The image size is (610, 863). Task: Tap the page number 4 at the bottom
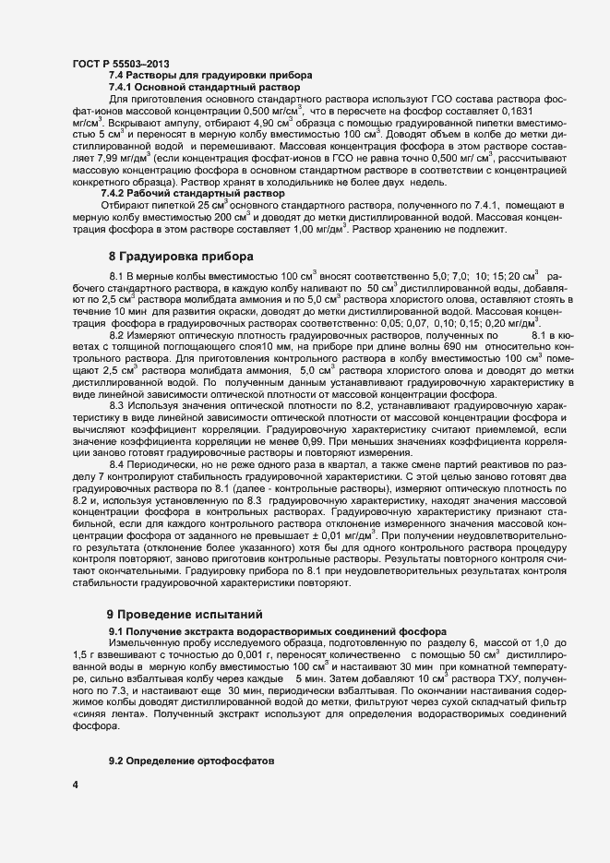coord(75,786)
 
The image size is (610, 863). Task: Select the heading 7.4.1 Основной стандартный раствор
coord(215,86)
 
